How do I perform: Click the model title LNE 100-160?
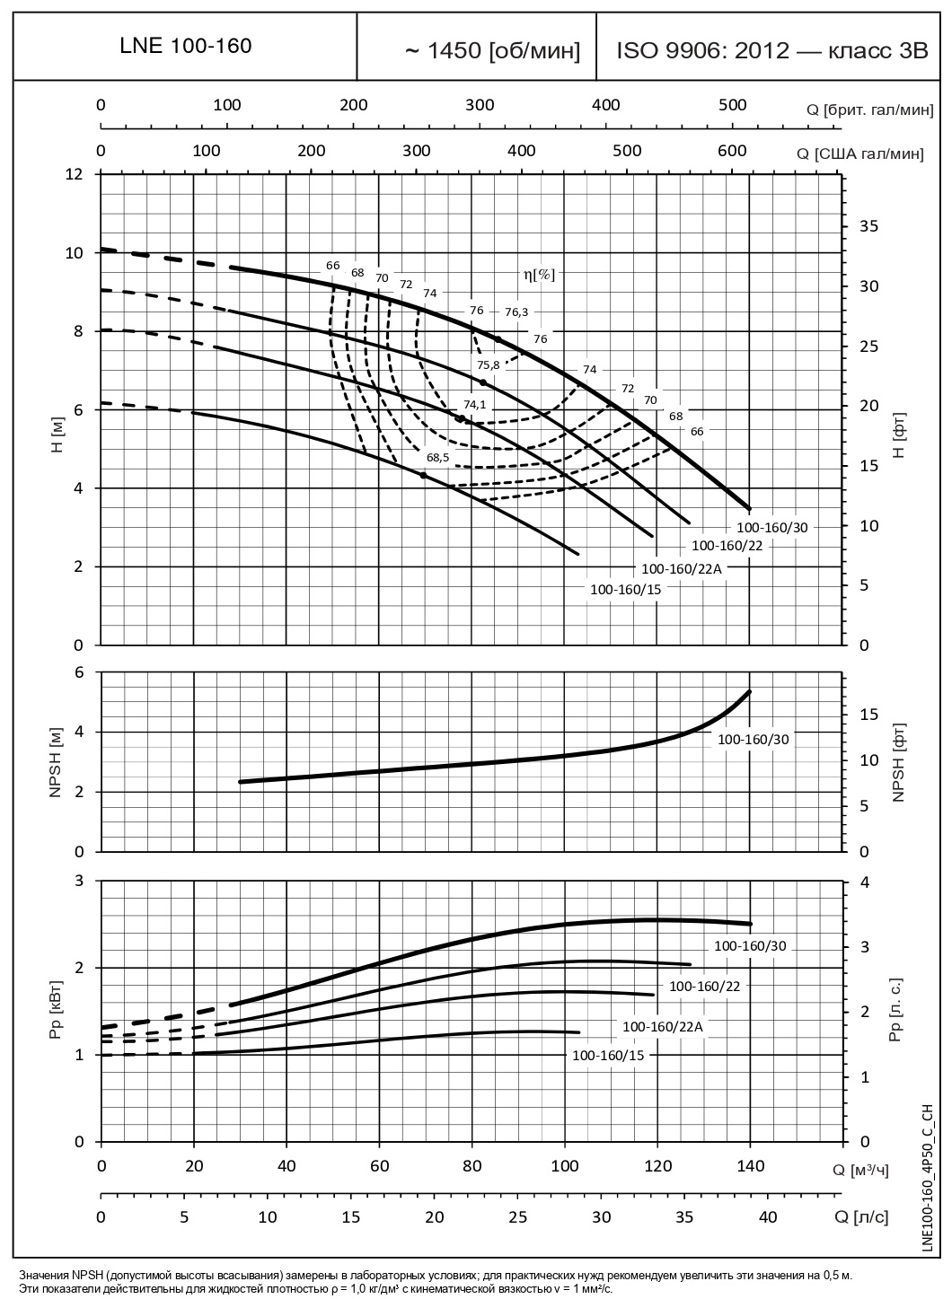(186, 48)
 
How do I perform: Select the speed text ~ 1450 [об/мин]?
(493, 51)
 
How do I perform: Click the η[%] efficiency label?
(539, 275)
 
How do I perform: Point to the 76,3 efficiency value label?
(517, 312)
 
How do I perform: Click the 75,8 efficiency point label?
(489, 364)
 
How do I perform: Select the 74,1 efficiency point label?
(474, 405)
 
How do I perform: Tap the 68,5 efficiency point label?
(438, 458)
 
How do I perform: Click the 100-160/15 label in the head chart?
(624, 590)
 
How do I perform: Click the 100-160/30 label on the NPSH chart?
(753, 739)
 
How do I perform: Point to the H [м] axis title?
(57, 435)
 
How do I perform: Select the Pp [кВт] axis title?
(57, 1012)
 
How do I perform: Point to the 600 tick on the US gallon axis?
(733, 150)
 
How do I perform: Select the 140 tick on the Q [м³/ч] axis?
(750, 1166)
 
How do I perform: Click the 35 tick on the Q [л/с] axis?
(684, 1217)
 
